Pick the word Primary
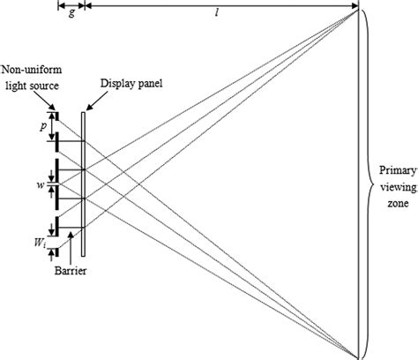coord(393,169)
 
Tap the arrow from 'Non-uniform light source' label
coord(53,106)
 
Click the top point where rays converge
coord(358,11)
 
